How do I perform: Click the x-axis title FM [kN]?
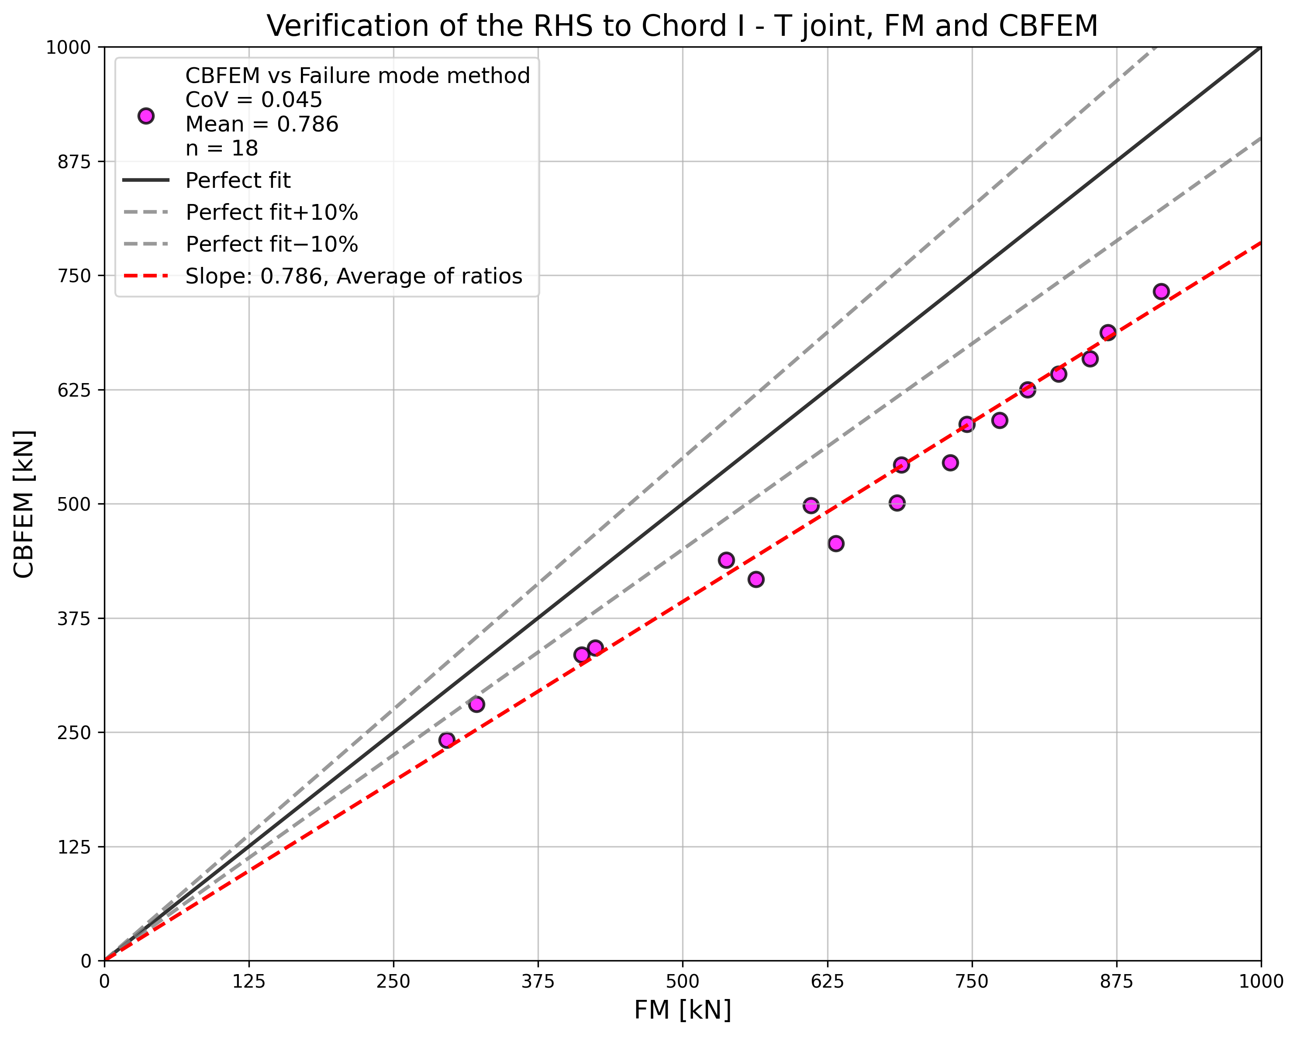(x=682, y=1010)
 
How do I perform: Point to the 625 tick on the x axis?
(x=827, y=982)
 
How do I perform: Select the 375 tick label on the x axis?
(x=538, y=982)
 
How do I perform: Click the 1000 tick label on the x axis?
(x=1260, y=982)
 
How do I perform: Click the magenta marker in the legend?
(x=145, y=116)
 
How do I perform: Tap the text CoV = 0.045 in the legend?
(x=253, y=100)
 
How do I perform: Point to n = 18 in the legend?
(x=221, y=148)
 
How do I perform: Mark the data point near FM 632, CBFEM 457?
(x=835, y=543)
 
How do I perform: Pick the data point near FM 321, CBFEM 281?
(x=476, y=704)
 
